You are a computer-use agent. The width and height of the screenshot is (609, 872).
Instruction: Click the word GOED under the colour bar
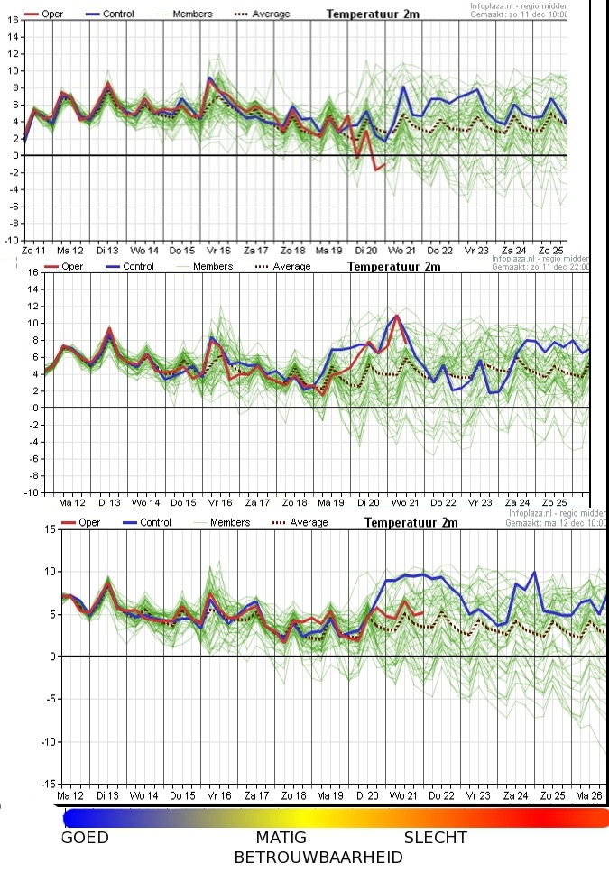click(x=85, y=838)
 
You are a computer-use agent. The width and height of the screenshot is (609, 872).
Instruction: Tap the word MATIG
click(x=281, y=838)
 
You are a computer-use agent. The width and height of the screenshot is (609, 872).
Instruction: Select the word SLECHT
click(x=436, y=838)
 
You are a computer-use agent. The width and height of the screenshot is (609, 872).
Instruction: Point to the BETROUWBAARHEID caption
click(x=318, y=857)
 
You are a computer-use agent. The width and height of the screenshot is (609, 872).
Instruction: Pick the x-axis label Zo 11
click(x=34, y=250)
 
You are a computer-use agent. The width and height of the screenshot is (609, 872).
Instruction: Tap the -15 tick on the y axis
click(x=48, y=784)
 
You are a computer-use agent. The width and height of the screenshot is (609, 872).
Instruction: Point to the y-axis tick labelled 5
click(x=52, y=614)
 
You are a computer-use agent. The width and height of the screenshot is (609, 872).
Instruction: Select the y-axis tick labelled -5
click(x=51, y=699)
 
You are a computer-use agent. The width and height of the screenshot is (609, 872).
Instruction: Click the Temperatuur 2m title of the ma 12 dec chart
click(x=411, y=522)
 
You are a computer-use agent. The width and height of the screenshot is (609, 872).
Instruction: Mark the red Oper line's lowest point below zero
click(x=376, y=169)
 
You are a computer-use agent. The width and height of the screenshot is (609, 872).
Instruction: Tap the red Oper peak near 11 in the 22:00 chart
click(x=396, y=315)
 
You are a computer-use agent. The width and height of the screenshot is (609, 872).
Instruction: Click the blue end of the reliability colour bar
click(x=72, y=818)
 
